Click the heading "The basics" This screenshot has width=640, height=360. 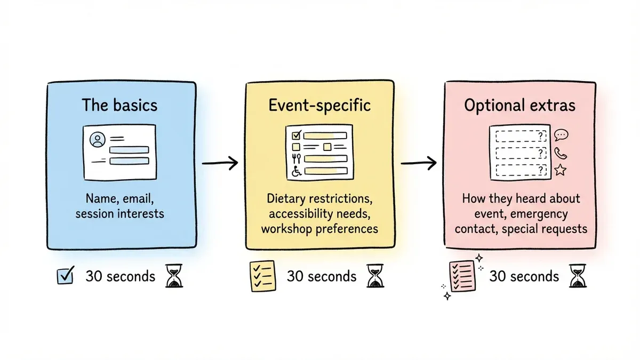tap(119, 105)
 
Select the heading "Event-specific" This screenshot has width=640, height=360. tap(319, 105)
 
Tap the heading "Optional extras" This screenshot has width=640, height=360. tap(519, 105)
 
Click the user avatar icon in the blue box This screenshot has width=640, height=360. tap(97, 140)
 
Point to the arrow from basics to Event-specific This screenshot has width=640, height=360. tap(220, 163)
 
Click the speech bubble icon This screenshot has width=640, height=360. tap(562, 135)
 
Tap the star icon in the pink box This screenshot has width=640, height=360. tap(560, 170)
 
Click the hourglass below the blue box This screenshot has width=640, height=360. tap(174, 276)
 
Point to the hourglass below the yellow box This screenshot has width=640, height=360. tap(374, 276)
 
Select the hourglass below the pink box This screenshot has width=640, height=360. tap(578, 276)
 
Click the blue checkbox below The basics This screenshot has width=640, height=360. tap(65, 276)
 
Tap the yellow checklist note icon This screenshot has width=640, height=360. tap(262, 276)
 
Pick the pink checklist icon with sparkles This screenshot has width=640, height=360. tap(462, 276)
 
